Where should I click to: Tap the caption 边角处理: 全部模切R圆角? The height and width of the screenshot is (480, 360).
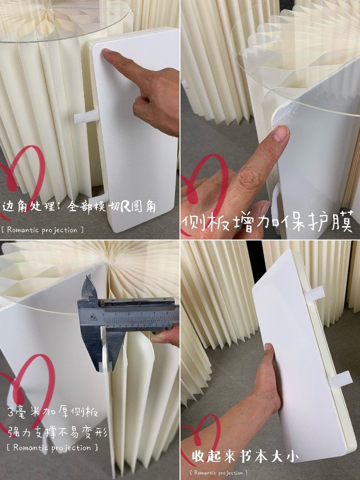click(81, 207)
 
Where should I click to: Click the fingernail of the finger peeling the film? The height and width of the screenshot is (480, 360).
click(281, 132)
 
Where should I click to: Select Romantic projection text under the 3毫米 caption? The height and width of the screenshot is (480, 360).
click(53, 447)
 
